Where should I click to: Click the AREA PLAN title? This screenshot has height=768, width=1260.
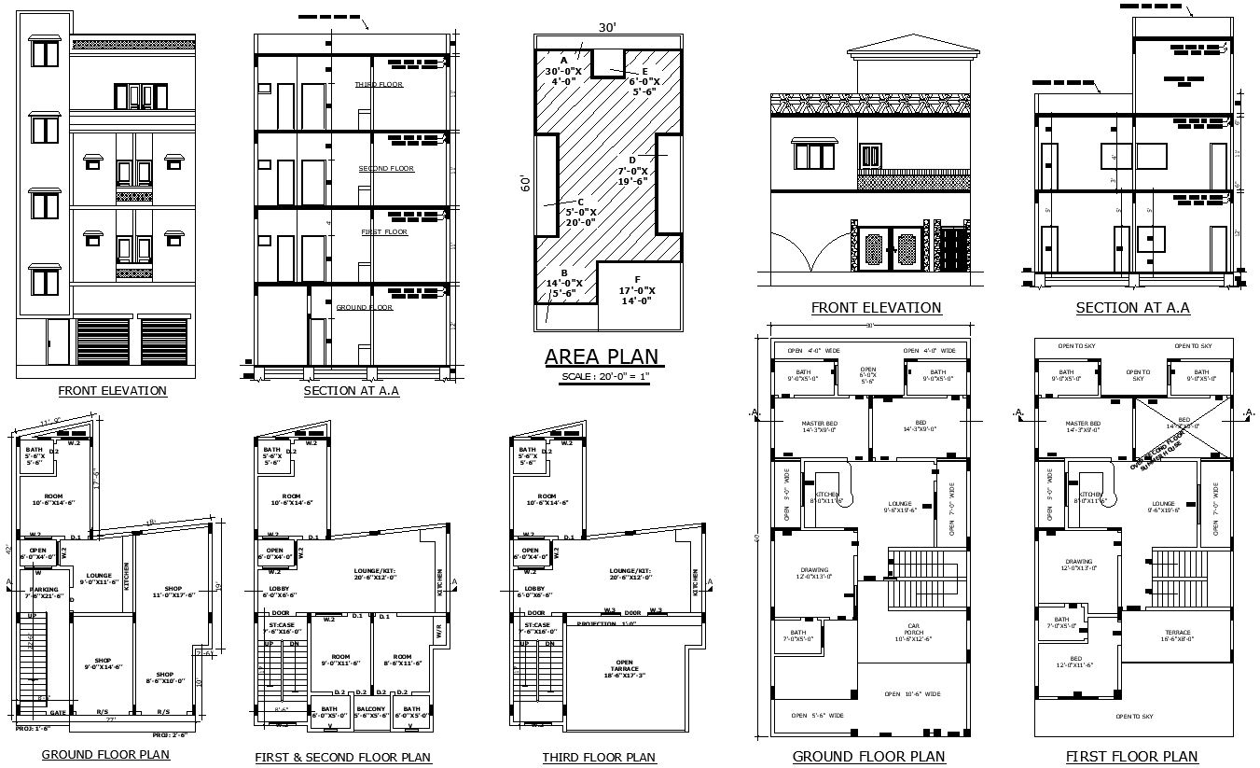[x=602, y=356]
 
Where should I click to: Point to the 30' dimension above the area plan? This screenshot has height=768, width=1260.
[x=607, y=27]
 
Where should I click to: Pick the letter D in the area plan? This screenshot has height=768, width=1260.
[x=632, y=160]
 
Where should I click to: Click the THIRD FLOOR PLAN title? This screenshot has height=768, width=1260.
[x=599, y=757]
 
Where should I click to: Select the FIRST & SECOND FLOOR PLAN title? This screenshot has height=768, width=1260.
[x=343, y=757]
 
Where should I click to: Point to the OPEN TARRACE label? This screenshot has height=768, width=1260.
[x=624, y=668]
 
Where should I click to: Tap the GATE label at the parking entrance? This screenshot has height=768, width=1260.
[x=58, y=711]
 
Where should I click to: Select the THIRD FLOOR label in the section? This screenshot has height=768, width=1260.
[x=379, y=85]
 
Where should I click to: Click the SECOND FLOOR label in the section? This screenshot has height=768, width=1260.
[x=386, y=169]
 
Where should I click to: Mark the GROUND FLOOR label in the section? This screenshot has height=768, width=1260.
[x=364, y=307]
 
